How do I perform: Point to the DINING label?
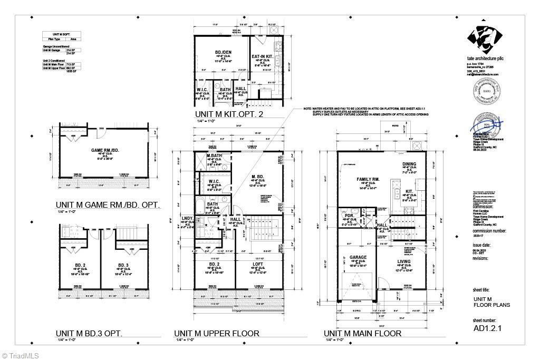409,164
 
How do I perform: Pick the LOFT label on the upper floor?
258,264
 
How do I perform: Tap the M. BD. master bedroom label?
258,176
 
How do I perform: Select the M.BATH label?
214,156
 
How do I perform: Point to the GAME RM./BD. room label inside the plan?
103,150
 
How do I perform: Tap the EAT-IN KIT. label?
261,56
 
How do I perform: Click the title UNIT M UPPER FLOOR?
216,333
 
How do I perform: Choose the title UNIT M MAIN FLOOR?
362,333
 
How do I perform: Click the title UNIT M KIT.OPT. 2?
229,114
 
